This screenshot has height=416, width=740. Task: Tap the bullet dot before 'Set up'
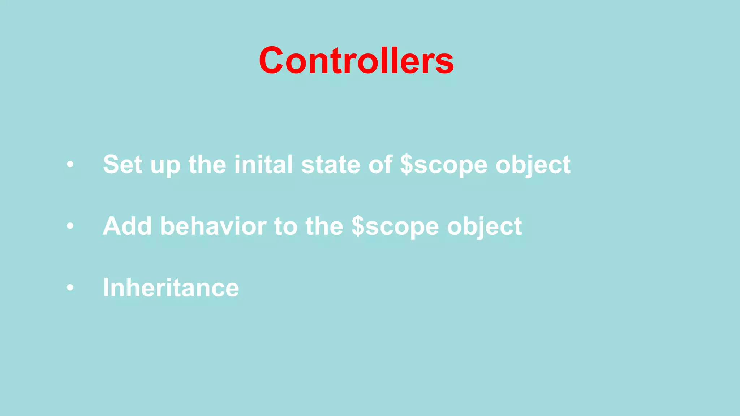coord(70,165)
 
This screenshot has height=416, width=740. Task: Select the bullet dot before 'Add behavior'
coord(70,226)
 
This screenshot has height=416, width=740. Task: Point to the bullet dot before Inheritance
coord(70,288)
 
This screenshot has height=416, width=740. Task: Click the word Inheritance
coord(171,288)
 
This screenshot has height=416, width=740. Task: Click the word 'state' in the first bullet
coord(331,165)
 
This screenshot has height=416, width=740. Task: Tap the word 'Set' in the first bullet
coord(122,165)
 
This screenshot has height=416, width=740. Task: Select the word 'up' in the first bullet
coord(165,166)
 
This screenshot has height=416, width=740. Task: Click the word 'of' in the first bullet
coord(380,165)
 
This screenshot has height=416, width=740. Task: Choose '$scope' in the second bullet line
coord(395,226)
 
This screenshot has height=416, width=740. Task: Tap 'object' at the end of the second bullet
coord(485,226)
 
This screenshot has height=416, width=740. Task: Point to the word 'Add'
coord(127,226)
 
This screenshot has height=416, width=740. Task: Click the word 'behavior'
coord(213,226)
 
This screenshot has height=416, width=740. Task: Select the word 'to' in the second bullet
coord(285,226)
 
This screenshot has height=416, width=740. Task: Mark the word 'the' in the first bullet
coord(207,165)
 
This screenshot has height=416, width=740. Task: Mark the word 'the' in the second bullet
coord(324,226)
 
